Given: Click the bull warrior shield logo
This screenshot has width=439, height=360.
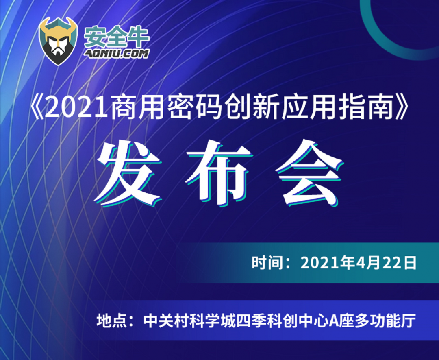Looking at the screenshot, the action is point(58,41).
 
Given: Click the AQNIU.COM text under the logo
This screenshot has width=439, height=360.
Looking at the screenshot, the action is point(117,54).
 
